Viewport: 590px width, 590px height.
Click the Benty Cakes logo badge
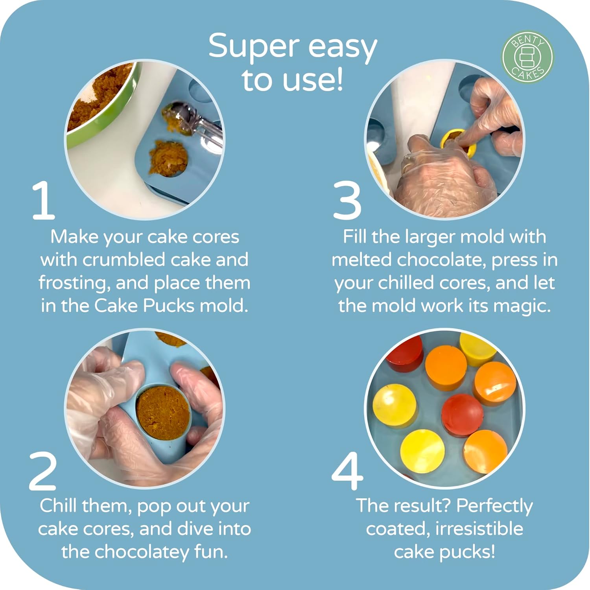click(x=527, y=57)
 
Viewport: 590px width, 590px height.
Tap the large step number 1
click(x=43, y=201)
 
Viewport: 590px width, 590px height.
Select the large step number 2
click(x=43, y=471)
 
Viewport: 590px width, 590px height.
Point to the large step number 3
click(x=347, y=201)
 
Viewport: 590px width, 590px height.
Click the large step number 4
click(x=347, y=471)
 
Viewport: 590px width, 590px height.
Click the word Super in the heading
click(x=254, y=46)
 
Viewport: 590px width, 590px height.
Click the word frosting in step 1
click(x=74, y=283)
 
